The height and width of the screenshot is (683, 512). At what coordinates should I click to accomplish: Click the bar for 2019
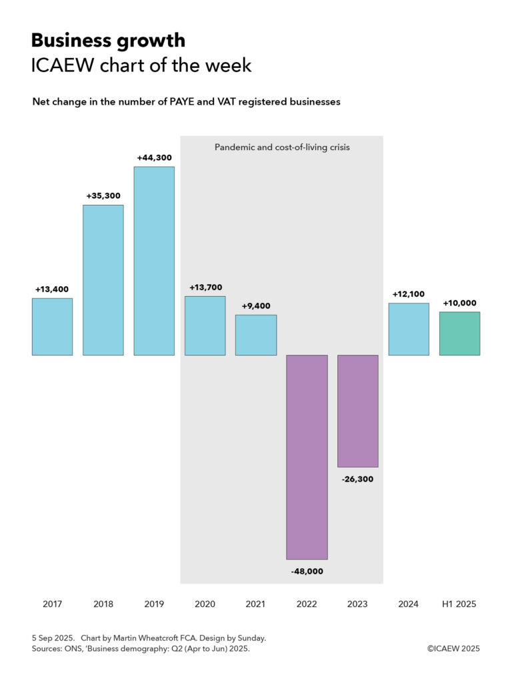[x=154, y=261]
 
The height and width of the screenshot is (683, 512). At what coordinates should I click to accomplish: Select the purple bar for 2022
[x=307, y=457]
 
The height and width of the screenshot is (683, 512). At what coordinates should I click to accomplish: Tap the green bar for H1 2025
[x=459, y=333]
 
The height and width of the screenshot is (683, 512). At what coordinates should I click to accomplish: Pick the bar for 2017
[x=53, y=327]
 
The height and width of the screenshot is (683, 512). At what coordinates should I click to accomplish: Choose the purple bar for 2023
[x=357, y=411]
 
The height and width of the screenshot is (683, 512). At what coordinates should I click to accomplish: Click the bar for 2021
[x=256, y=335]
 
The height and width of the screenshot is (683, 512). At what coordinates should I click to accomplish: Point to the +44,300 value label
[x=154, y=158]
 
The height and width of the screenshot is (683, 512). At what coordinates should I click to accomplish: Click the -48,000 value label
[x=307, y=571]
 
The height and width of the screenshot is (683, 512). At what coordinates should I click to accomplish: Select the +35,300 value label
[x=103, y=196]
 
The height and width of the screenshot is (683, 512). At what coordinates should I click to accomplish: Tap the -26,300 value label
[x=357, y=479]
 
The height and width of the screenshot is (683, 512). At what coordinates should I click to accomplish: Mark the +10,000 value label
[x=459, y=303]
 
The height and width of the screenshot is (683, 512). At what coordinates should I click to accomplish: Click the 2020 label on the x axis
[x=205, y=604]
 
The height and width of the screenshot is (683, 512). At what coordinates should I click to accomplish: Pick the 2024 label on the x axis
[x=408, y=604]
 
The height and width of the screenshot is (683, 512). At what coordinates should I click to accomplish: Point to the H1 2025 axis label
[x=459, y=604]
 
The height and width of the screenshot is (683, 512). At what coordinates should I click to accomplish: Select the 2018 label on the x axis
[x=103, y=604]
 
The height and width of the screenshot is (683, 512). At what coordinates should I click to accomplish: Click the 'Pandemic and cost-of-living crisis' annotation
[x=282, y=147]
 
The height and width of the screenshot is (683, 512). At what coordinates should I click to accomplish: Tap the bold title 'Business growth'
[x=108, y=41]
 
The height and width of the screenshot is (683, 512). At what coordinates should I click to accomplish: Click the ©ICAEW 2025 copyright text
[x=453, y=648]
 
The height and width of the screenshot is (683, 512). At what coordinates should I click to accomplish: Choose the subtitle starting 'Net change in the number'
[x=187, y=102]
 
